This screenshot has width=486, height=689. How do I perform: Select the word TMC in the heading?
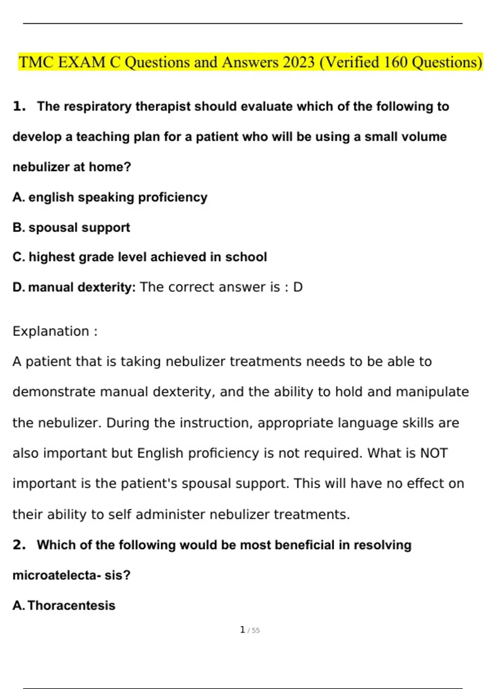(x=36, y=62)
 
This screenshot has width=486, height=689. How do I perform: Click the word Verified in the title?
(x=350, y=62)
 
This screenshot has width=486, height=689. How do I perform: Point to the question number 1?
(x=19, y=107)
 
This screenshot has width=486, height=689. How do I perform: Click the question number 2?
(x=19, y=545)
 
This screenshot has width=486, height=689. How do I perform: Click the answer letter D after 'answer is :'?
(x=298, y=287)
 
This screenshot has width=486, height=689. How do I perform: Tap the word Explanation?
(x=51, y=332)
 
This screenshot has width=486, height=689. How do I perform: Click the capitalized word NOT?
(x=434, y=453)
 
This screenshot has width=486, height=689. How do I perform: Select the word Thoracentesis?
(x=72, y=606)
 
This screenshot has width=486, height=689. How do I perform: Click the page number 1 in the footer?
(x=242, y=630)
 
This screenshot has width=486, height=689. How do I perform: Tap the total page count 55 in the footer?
(x=256, y=631)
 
